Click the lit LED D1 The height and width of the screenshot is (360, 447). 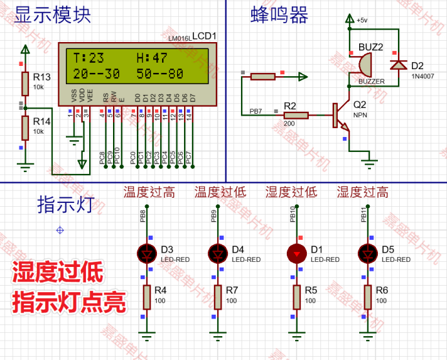297,253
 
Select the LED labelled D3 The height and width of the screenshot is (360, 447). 148,253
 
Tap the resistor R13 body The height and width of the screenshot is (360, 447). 25,83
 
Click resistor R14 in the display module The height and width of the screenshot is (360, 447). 25,127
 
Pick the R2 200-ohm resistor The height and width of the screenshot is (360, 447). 296,116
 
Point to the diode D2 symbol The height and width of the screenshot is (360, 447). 397,65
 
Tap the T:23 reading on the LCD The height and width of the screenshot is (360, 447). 88,58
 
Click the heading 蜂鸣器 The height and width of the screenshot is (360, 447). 280,16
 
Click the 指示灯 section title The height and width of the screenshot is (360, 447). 66,205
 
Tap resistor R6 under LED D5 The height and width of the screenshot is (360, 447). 368,297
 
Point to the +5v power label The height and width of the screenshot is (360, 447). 362,21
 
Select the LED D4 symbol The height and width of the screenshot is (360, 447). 219,253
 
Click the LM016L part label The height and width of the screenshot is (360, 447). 179,39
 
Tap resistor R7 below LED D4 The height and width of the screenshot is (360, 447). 219,297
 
